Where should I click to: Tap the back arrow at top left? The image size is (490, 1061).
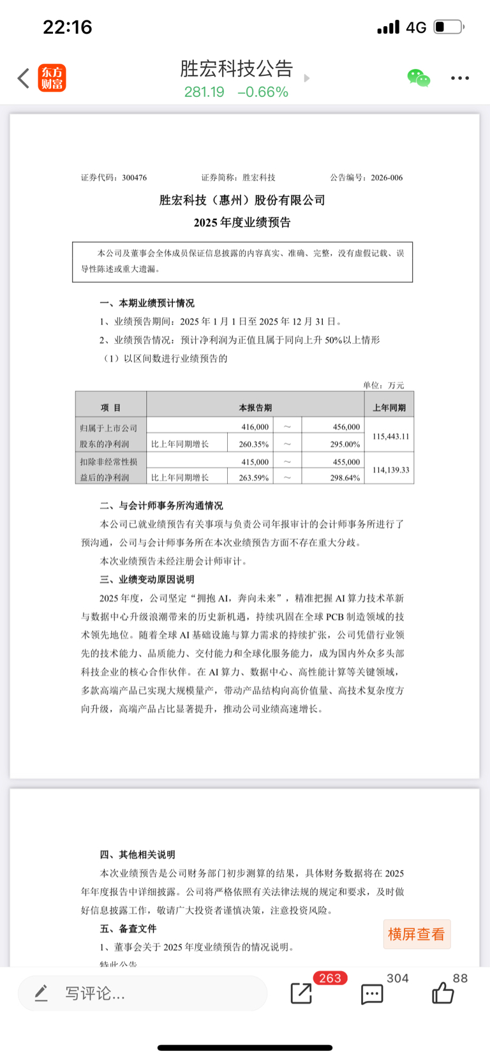[x=24, y=78]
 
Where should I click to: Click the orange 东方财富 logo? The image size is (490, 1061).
[x=52, y=78]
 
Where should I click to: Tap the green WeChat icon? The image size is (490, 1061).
[x=419, y=78]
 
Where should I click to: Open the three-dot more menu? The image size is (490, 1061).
[x=459, y=78]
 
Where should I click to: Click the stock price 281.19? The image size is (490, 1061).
[x=204, y=92]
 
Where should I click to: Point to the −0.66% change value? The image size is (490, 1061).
[x=263, y=92]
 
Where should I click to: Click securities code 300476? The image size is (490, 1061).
[x=134, y=178]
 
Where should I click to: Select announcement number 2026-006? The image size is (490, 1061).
[x=386, y=178]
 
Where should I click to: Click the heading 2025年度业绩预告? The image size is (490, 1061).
[x=242, y=223]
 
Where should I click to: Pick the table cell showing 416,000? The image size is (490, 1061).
[x=255, y=427]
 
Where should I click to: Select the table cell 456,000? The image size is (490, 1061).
[x=346, y=427]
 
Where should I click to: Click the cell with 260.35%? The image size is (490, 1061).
[x=253, y=444]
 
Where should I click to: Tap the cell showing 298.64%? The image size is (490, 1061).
[x=345, y=477]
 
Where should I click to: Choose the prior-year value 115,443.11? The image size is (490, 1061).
[x=390, y=436]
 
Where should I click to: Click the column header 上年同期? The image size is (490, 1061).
[x=389, y=408]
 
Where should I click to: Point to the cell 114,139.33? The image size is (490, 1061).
[x=390, y=470]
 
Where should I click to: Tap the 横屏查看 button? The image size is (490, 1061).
[x=417, y=934]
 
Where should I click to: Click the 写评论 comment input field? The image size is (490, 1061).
[x=142, y=993]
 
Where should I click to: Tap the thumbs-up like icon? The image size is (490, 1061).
[x=442, y=993]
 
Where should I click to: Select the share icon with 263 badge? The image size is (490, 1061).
[x=301, y=993]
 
